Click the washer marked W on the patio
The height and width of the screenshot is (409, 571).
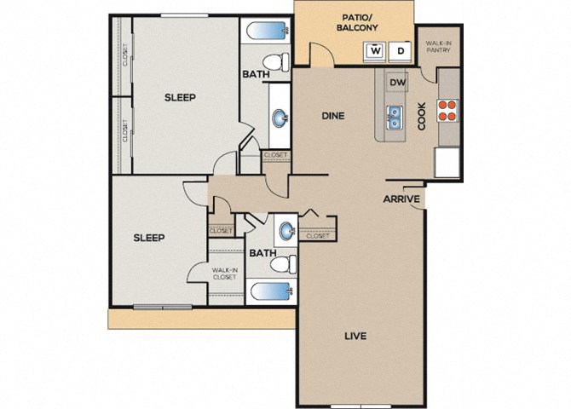point(375,51)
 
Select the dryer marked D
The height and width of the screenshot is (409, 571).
point(401,51)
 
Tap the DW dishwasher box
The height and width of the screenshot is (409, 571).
point(398,83)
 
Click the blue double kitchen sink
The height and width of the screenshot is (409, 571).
point(395,118)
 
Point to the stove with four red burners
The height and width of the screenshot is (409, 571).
point(447,111)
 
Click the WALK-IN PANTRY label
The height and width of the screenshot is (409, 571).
point(438,47)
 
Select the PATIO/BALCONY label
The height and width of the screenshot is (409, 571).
point(357,23)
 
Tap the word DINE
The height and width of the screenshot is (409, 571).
point(333,116)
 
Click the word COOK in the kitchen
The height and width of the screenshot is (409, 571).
point(422,116)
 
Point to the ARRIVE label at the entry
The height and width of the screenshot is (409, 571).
point(401,199)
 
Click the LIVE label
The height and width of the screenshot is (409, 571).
point(355,336)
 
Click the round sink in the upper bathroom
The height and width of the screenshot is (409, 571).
point(280,118)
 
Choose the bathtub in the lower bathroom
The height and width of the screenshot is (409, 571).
point(271,291)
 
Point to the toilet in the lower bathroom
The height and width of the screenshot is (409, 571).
point(283,264)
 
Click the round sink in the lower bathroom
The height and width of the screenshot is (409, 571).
point(287,231)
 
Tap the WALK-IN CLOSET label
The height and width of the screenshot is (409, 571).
point(225,274)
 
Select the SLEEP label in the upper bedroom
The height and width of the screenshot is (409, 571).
point(180,98)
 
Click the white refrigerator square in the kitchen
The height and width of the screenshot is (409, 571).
point(447,162)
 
